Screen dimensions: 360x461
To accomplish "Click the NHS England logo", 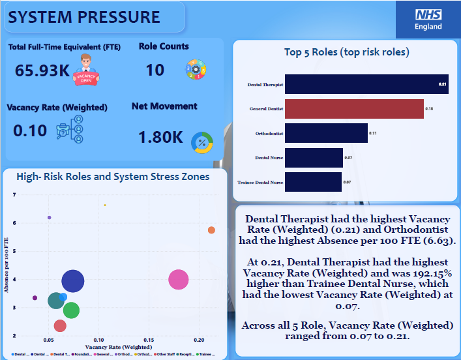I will point(428,19).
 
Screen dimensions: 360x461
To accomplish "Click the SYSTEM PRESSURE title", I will point(84,17).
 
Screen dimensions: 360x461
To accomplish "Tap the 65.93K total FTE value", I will point(42,70).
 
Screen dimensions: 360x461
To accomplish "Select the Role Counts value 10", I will point(155,70).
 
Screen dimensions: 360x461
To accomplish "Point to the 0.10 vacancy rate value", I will point(30,130).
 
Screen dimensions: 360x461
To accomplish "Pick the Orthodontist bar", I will point(325,134).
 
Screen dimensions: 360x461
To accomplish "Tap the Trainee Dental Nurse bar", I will point(314,182).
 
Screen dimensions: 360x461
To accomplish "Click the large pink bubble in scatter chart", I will point(178,280).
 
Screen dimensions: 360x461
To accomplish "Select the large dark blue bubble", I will point(74,282).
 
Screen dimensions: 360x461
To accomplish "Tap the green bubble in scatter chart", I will point(70,310).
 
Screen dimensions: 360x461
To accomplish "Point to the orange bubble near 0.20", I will point(211,230).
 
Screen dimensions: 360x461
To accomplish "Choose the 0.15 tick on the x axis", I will point(149,340).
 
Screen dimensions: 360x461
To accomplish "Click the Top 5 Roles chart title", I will point(347,52).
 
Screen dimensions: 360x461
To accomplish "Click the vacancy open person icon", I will point(86,70).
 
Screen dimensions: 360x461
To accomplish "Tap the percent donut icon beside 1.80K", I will point(201,142).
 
